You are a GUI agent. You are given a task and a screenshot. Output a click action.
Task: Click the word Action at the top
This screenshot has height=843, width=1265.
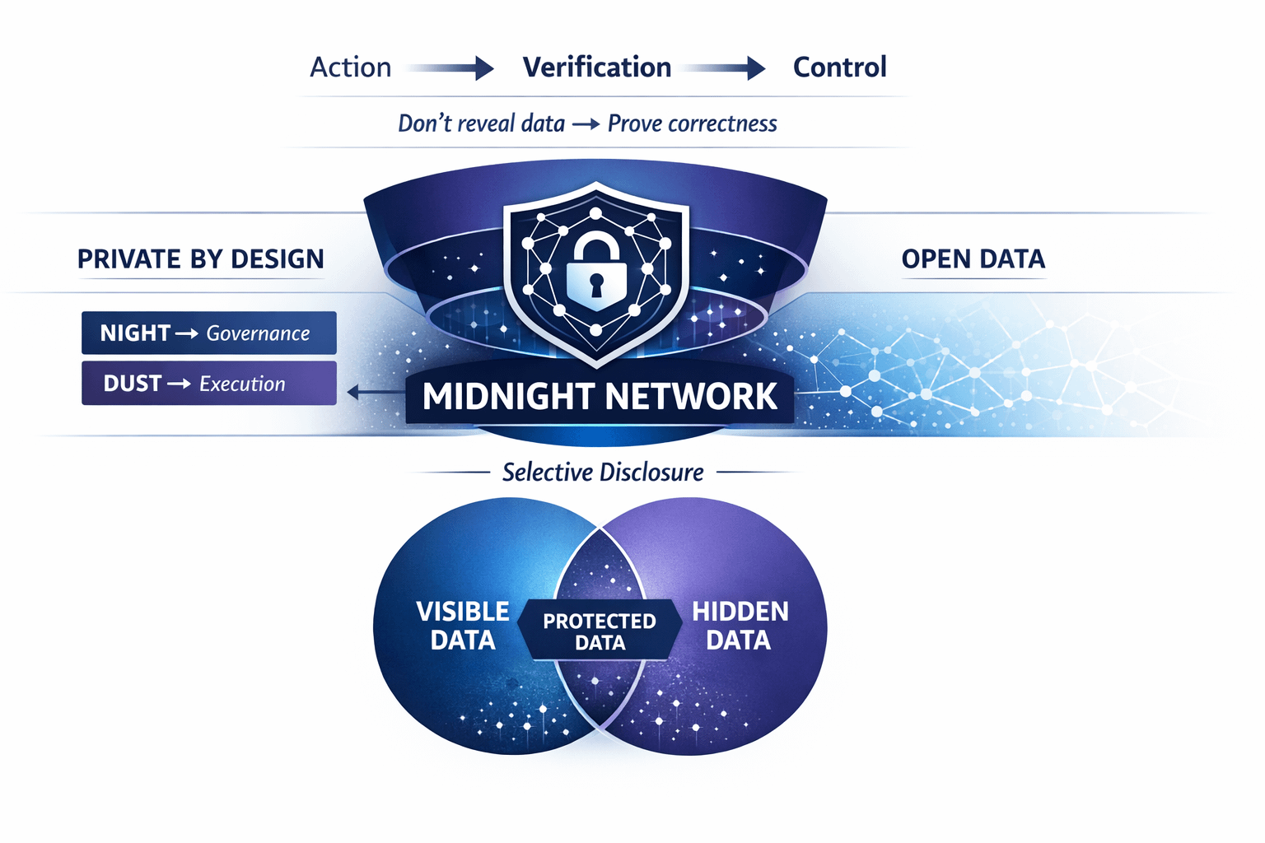pos(350,68)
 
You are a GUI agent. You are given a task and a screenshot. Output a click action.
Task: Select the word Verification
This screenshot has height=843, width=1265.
pos(597,68)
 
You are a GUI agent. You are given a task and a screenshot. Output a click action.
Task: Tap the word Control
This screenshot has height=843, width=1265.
pos(839,68)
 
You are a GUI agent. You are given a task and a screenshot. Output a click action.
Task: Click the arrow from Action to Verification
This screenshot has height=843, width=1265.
pos(450,68)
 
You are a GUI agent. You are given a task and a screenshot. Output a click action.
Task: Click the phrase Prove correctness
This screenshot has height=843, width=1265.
pos(692,123)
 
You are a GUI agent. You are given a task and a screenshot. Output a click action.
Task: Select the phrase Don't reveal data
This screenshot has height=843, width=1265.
pos(481,123)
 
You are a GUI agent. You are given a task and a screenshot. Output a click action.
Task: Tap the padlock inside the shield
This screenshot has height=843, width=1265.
pos(596,271)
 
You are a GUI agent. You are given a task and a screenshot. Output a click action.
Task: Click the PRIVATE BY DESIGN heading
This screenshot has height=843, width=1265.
pos(200,259)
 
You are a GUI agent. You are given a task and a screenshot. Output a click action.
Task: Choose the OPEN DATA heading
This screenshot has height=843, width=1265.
pos(973,259)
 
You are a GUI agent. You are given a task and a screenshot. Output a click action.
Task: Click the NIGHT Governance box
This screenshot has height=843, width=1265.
pos(209,333)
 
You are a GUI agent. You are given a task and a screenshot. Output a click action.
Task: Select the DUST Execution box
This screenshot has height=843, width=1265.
pos(209,384)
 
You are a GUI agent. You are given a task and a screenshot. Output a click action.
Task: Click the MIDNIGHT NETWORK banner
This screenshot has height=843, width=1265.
pos(600,397)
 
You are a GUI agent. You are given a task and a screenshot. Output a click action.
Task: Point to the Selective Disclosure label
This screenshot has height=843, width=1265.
pos(603,473)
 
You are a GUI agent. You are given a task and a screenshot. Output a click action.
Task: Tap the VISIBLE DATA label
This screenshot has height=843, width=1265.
pos(463,626)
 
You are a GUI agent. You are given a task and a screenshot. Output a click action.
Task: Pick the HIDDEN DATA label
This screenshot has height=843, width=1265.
pos(740,626)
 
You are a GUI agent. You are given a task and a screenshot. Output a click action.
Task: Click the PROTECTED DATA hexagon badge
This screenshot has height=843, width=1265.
pos(600,631)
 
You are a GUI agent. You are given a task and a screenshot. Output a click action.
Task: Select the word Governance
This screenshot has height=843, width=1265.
pos(258,333)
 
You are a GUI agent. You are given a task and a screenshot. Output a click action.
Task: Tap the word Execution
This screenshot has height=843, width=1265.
pos(242,384)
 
